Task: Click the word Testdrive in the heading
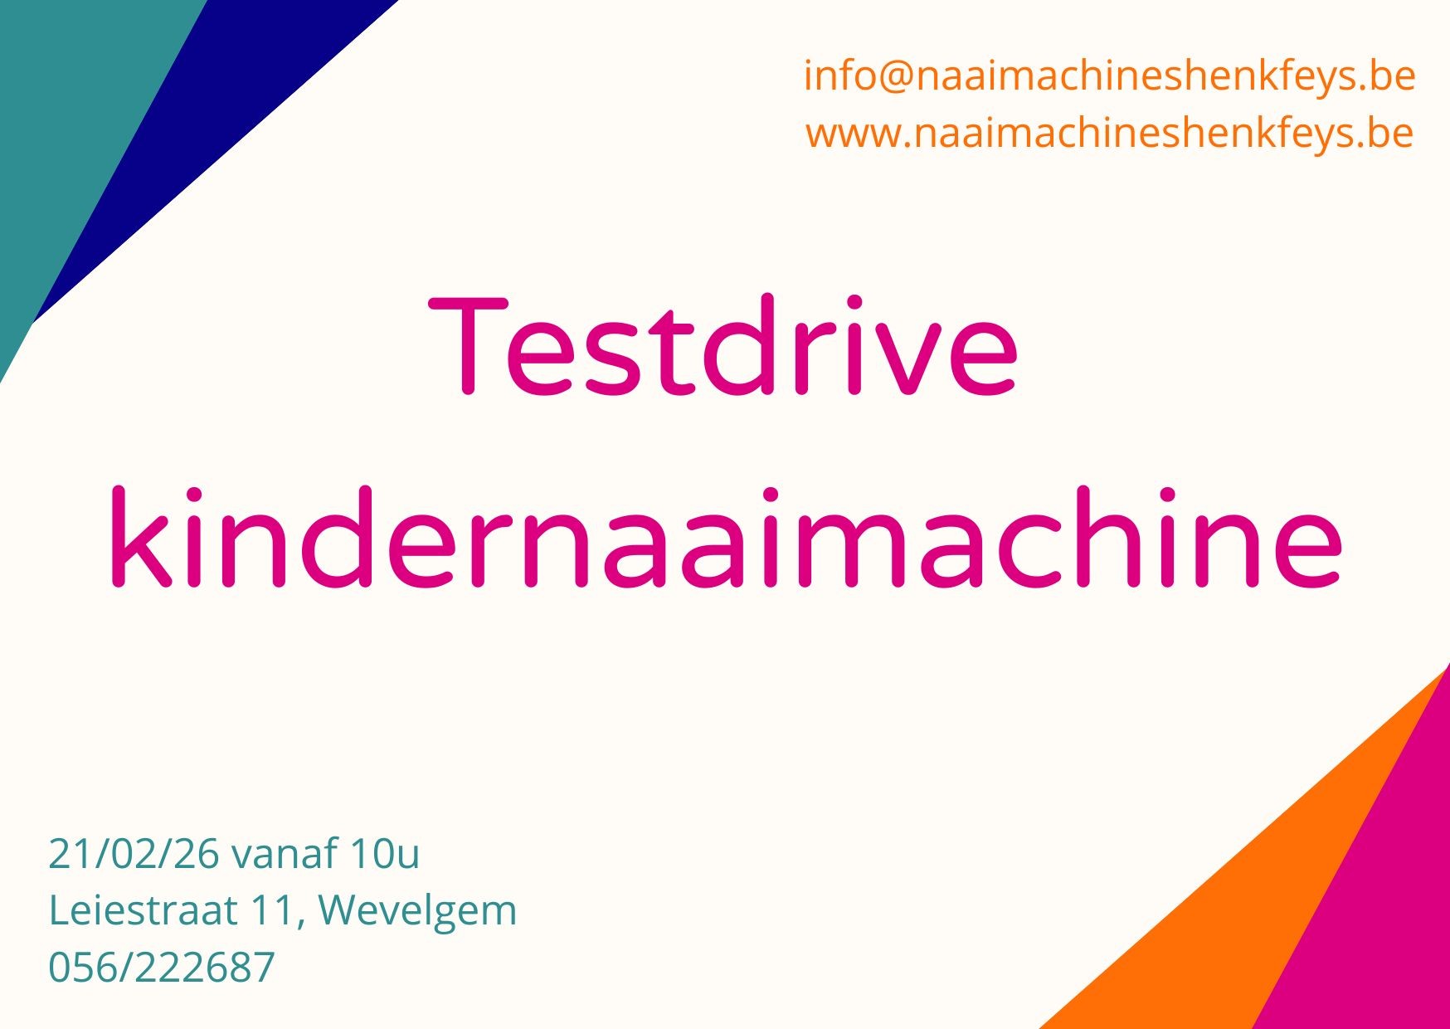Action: pyautogui.click(x=723, y=345)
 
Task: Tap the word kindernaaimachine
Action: pyautogui.click(x=726, y=537)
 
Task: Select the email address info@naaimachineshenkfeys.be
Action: pyautogui.click(x=1109, y=76)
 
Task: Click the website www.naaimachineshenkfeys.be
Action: pyautogui.click(x=1109, y=134)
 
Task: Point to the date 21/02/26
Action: pyautogui.click(x=134, y=854)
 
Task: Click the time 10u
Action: pyautogui.click(x=385, y=854)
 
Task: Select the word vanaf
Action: pyautogui.click(x=285, y=854)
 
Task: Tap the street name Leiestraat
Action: pyautogui.click(x=143, y=910)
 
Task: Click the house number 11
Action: pyautogui.click(x=271, y=910)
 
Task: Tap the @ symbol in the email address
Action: pyautogui.click(x=893, y=77)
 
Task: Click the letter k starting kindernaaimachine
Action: pyautogui.click(x=141, y=537)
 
